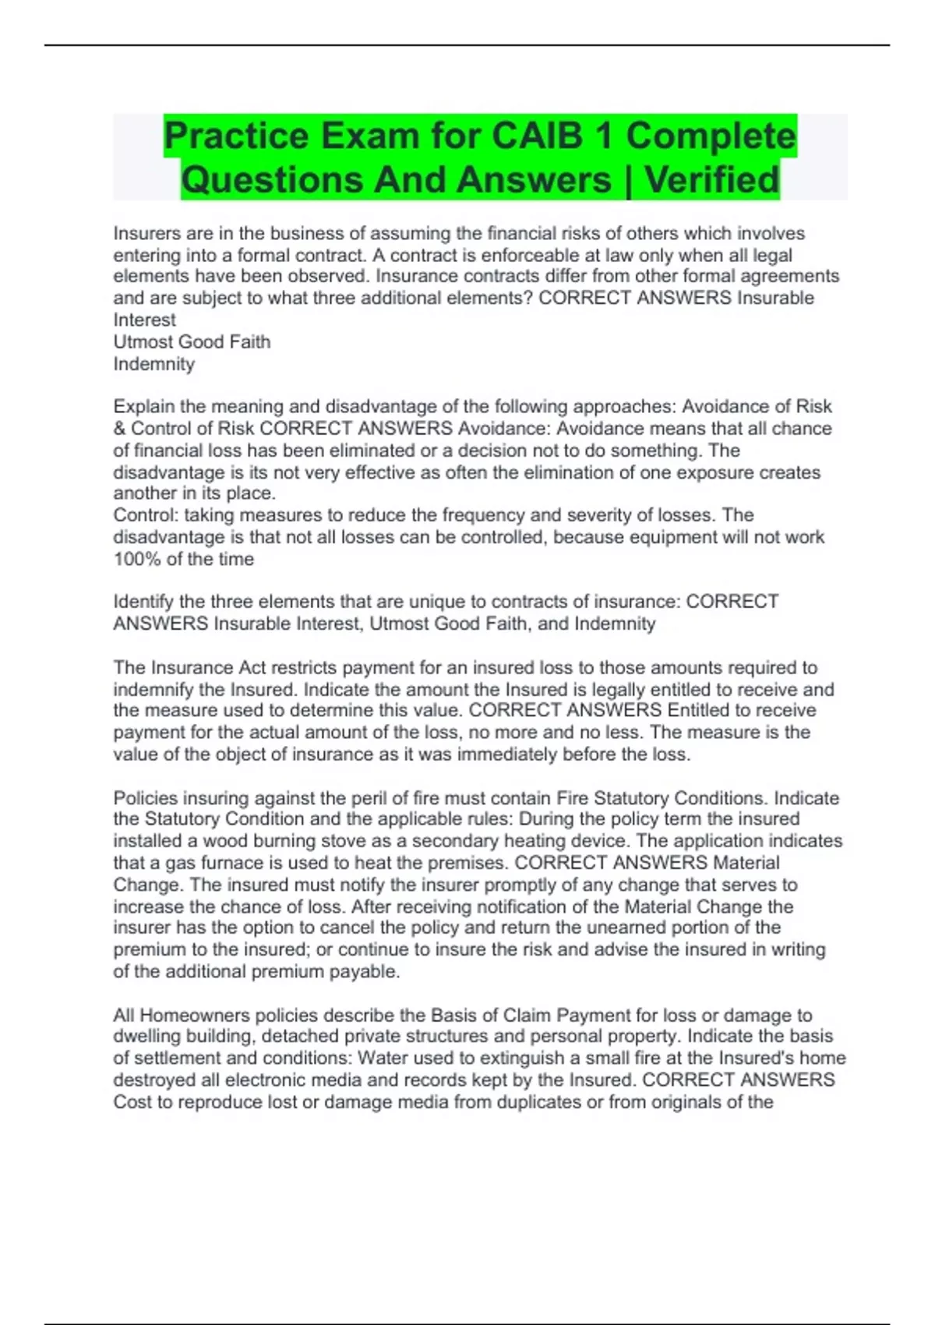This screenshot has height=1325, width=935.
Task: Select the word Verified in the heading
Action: pyautogui.click(x=712, y=180)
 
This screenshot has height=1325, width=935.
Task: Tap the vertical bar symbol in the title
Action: pyautogui.click(x=628, y=180)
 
